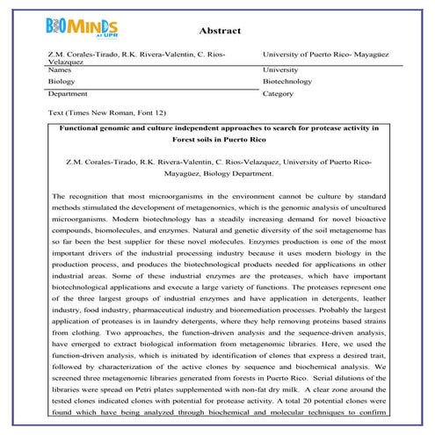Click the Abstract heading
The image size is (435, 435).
coord(220,31)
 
